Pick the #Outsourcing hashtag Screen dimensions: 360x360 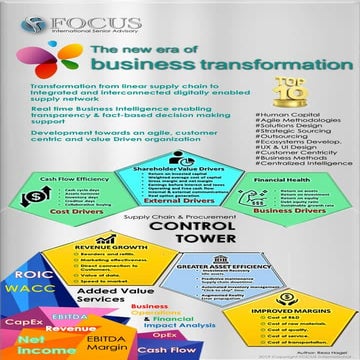280,176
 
